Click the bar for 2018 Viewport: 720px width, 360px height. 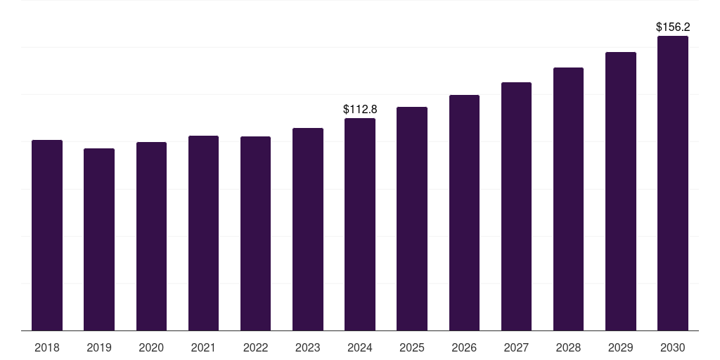[47, 235]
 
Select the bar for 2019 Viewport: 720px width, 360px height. [99, 239]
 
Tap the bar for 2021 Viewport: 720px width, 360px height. [203, 233]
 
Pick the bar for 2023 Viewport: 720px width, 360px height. [308, 229]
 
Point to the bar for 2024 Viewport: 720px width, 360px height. [360, 224]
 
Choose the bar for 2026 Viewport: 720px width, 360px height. [464, 212]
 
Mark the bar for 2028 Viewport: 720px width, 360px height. [568, 199]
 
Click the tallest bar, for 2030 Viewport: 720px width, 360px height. [673, 183]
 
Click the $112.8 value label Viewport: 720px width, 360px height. [360, 109]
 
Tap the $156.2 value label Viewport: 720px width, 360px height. [673, 27]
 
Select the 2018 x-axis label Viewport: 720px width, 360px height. [47, 347]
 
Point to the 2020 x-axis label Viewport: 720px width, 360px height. [151, 347]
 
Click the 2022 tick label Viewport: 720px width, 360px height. [256, 347]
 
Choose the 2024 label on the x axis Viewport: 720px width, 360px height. [360, 347]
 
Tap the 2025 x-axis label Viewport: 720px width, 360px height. [412, 347]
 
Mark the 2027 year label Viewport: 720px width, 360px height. [516, 347]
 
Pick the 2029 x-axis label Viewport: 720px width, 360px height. [621, 347]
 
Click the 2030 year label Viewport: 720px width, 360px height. [673, 347]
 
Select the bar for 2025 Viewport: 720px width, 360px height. [412, 219]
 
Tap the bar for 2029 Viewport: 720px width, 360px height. [621, 191]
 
